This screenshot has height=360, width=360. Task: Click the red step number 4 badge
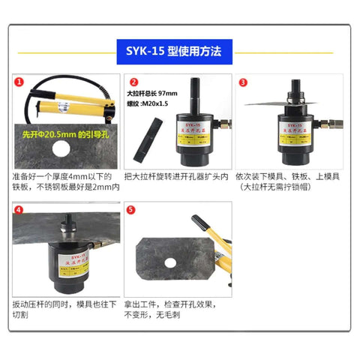tap(17, 209)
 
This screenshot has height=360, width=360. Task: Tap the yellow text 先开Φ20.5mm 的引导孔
tap(64, 137)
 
